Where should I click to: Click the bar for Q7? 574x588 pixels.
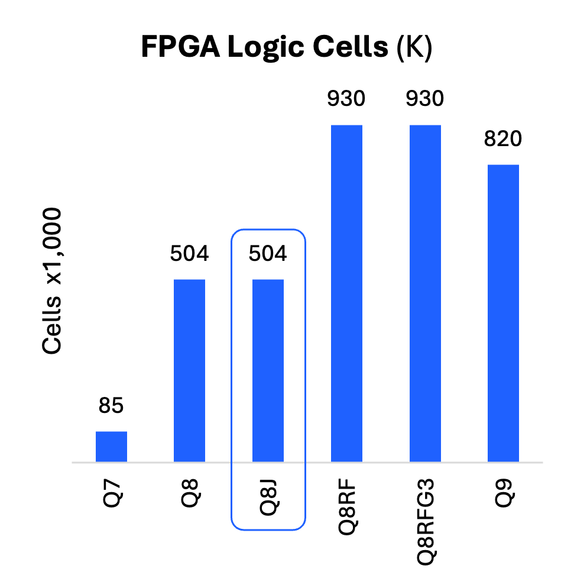(x=111, y=447)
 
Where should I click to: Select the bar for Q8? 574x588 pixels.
(x=190, y=370)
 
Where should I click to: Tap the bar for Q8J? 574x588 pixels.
(x=268, y=370)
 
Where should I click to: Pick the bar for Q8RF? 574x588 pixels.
(x=346, y=293)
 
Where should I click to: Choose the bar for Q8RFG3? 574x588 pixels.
(x=425, y=293)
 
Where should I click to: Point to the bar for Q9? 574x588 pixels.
(x=503, y=313)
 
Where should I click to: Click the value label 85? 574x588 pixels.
(x=111, y=405)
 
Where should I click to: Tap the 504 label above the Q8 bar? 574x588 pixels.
(x=189, y=253)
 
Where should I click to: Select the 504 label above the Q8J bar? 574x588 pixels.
(x=268, y=253)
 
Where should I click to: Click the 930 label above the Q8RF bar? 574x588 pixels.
(x=346, y=99)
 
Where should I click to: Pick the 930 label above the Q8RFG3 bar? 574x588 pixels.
(x=425, y=99)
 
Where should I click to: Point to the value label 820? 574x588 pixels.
(x=503, y=138)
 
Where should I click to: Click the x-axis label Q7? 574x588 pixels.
(x=112, y=493)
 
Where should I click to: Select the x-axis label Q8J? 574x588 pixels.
(x=269, y=497)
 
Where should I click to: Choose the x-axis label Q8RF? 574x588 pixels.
(x=348, y=507)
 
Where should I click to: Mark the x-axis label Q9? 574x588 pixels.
(x=504, y=493)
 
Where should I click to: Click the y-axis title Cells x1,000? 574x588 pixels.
(x=51, y=281)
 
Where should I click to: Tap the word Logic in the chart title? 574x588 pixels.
(x=265, y=47)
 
